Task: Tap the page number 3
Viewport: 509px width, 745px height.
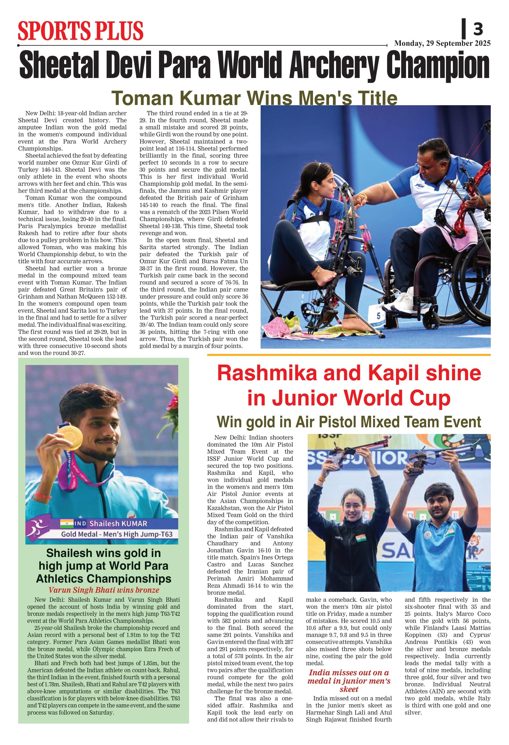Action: click(x=478, y=30)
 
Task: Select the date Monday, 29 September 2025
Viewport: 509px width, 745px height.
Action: click(x=442, y=43)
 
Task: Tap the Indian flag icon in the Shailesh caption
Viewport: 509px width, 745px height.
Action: click(x=67, y=523)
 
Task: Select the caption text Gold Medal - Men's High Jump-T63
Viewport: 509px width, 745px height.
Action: click(x=117, y=534)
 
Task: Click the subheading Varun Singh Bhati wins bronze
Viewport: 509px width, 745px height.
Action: click(x=104, y=590)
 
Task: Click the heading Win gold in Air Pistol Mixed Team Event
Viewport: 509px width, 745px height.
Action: click(x=349, y=422)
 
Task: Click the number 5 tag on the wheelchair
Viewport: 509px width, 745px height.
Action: click(x=379, y=316)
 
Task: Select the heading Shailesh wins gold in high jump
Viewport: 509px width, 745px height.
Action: click(x=104, y=566)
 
